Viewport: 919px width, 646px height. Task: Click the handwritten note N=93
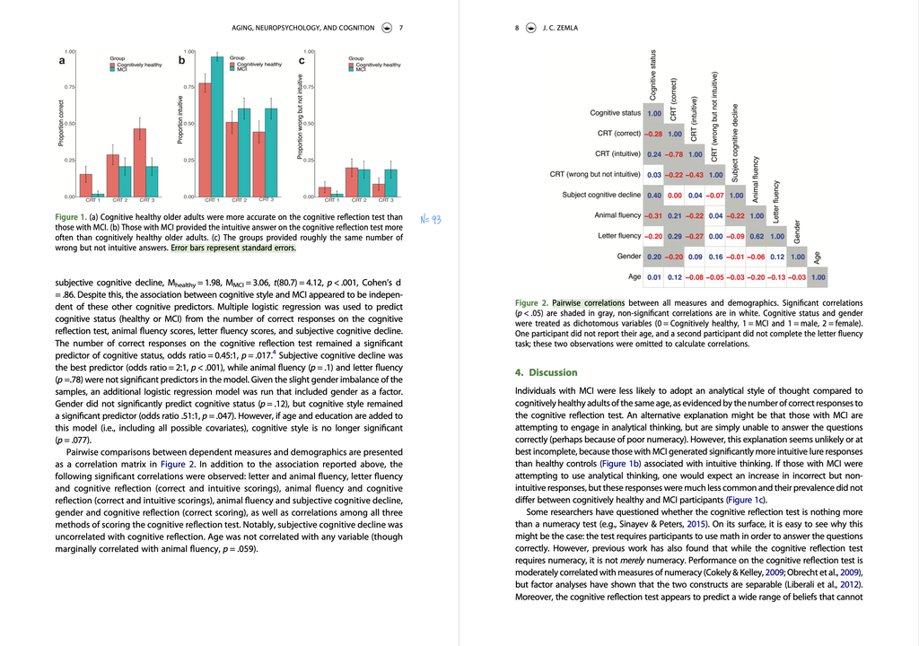click(431, 219)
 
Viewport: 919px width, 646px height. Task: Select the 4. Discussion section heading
click(547, 372)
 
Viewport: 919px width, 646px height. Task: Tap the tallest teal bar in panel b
click(217, 126)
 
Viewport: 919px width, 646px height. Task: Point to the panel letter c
click(302, 62)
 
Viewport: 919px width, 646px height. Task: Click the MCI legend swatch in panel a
click(112, 69)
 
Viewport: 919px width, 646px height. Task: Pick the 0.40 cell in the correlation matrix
click(654, 195)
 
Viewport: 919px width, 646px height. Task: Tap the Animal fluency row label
click(617, 215)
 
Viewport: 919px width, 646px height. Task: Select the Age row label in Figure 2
click(635, 277)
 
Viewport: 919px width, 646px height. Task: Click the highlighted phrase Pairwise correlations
click(588, 303)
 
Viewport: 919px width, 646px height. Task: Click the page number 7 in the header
click(401, 28)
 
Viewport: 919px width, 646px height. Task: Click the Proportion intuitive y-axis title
click(180, 121)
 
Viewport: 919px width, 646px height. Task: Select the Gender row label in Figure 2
click(629, 257)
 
